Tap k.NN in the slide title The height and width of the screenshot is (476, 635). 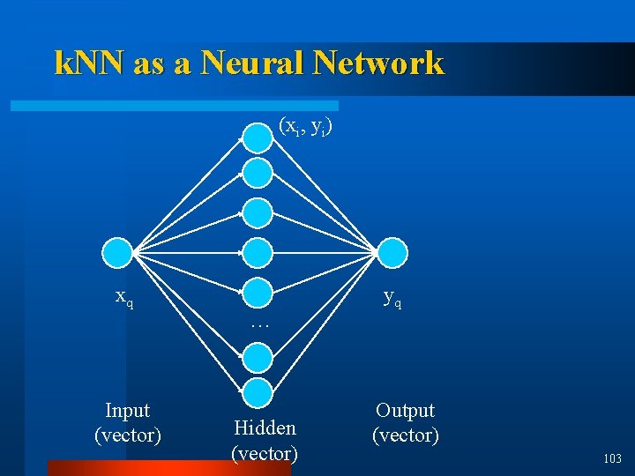[90, 63]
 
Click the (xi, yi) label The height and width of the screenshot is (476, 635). [305, 126]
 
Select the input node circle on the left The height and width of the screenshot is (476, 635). [117, 253]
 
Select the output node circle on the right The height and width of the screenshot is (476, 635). [393, 253]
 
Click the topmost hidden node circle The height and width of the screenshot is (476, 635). [258, 137]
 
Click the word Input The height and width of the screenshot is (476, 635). [127, 411]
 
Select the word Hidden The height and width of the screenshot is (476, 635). [265, 428]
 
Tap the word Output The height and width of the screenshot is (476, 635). [405, 411]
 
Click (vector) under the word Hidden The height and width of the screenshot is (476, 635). [265, 454]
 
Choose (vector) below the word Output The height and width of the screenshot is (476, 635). [405, 435]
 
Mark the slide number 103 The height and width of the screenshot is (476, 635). [612, 458]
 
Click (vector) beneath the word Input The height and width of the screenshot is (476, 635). [127, 435]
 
